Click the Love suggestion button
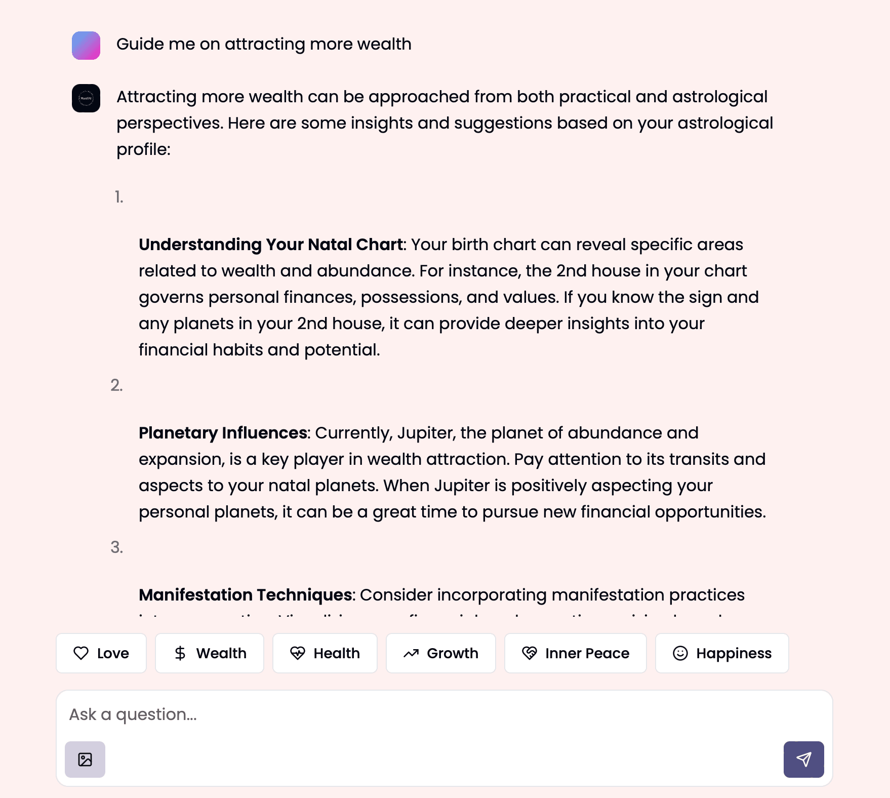tap(101, 653)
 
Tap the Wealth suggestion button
tap(210, 653)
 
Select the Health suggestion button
tap(325, 653)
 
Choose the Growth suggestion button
tap(440, 653)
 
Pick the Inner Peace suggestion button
tap(576, 653)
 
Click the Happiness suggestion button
tap(722, 653)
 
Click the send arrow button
tap(803, 759)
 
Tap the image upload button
tap(85, 759)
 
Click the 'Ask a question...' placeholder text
tap(133, 714)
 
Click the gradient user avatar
tap(86, 46)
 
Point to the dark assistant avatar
tap(86, 98)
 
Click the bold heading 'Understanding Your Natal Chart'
tap(271, 245)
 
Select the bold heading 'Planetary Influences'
tap(223, 433)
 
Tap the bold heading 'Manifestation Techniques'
tap(246, 595)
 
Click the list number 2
tap(116, 385)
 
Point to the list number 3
tap(116, 547)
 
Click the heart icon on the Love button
tap(81, 653)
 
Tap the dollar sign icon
tap(180, 653)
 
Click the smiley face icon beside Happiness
tap(680, 653)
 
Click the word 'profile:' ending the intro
tap(143, 149)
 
